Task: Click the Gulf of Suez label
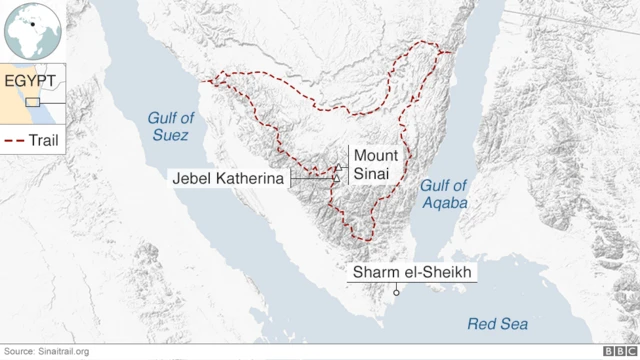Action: click(171, 125)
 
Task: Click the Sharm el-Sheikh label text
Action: click(410, 272)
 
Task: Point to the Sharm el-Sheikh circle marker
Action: click(397, 292)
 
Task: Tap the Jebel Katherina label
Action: click(230, 178)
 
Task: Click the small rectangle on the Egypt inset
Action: click(33, 102)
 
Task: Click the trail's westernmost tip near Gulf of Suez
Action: click(208, 78)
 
